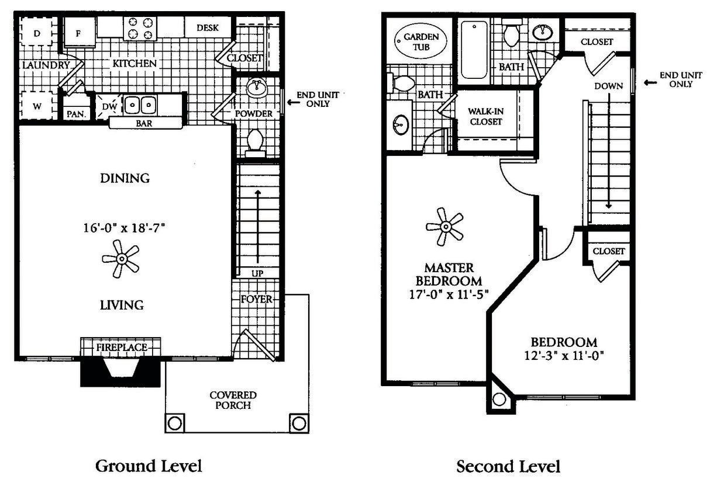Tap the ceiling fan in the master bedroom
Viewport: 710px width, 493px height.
445,227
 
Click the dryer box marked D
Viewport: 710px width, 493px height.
37,33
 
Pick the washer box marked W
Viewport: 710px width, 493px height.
37,106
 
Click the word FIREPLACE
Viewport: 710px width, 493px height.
121,348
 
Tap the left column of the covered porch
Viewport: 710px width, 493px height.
175,423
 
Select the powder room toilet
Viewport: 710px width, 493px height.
255,142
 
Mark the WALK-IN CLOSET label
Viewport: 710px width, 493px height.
485,117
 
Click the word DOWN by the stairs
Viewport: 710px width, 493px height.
608,86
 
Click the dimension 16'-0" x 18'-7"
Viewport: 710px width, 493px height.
125,228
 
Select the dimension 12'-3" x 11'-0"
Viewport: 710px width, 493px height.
563,355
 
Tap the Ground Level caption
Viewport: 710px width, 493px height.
149,466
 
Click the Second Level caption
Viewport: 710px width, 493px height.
508,467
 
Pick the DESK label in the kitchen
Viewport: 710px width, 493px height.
208,27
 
